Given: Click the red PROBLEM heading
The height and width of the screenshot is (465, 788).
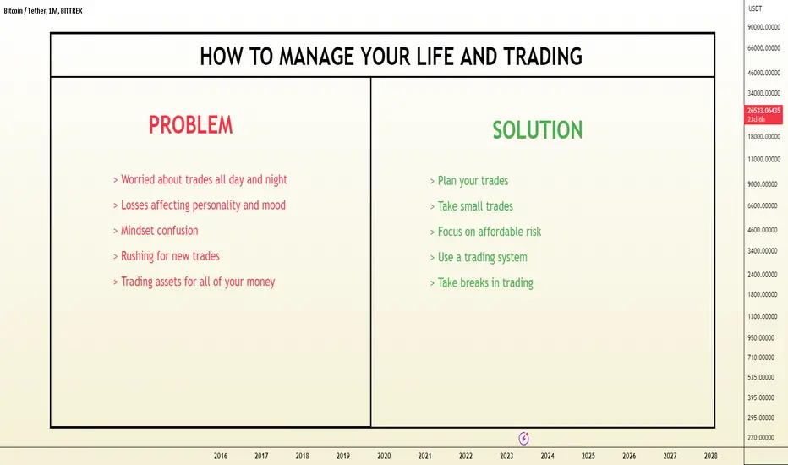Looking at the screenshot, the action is [x=191, y=125].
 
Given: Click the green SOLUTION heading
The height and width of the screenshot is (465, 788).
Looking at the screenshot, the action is [x=537, y=130].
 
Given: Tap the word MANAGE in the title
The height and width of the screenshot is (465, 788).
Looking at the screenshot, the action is [x=316, y=57].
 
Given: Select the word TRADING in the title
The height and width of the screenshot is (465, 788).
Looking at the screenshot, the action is [x=543, y=57].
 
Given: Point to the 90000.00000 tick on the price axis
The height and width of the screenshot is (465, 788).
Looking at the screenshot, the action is [x=763, y=27].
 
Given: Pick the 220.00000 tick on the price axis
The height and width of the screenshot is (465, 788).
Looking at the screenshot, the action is [x=761, y=438].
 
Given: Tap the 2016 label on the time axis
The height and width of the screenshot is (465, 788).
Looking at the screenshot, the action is [x=221, y=456].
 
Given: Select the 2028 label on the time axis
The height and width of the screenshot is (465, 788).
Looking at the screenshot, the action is [x=710, y=456].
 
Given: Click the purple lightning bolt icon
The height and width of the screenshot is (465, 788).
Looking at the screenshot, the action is [x=523, y=438].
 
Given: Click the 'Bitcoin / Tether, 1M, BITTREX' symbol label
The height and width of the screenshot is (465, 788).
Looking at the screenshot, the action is [x=43, y=10].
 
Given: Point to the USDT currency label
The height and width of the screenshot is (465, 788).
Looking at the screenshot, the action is [x=755, y=8].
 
